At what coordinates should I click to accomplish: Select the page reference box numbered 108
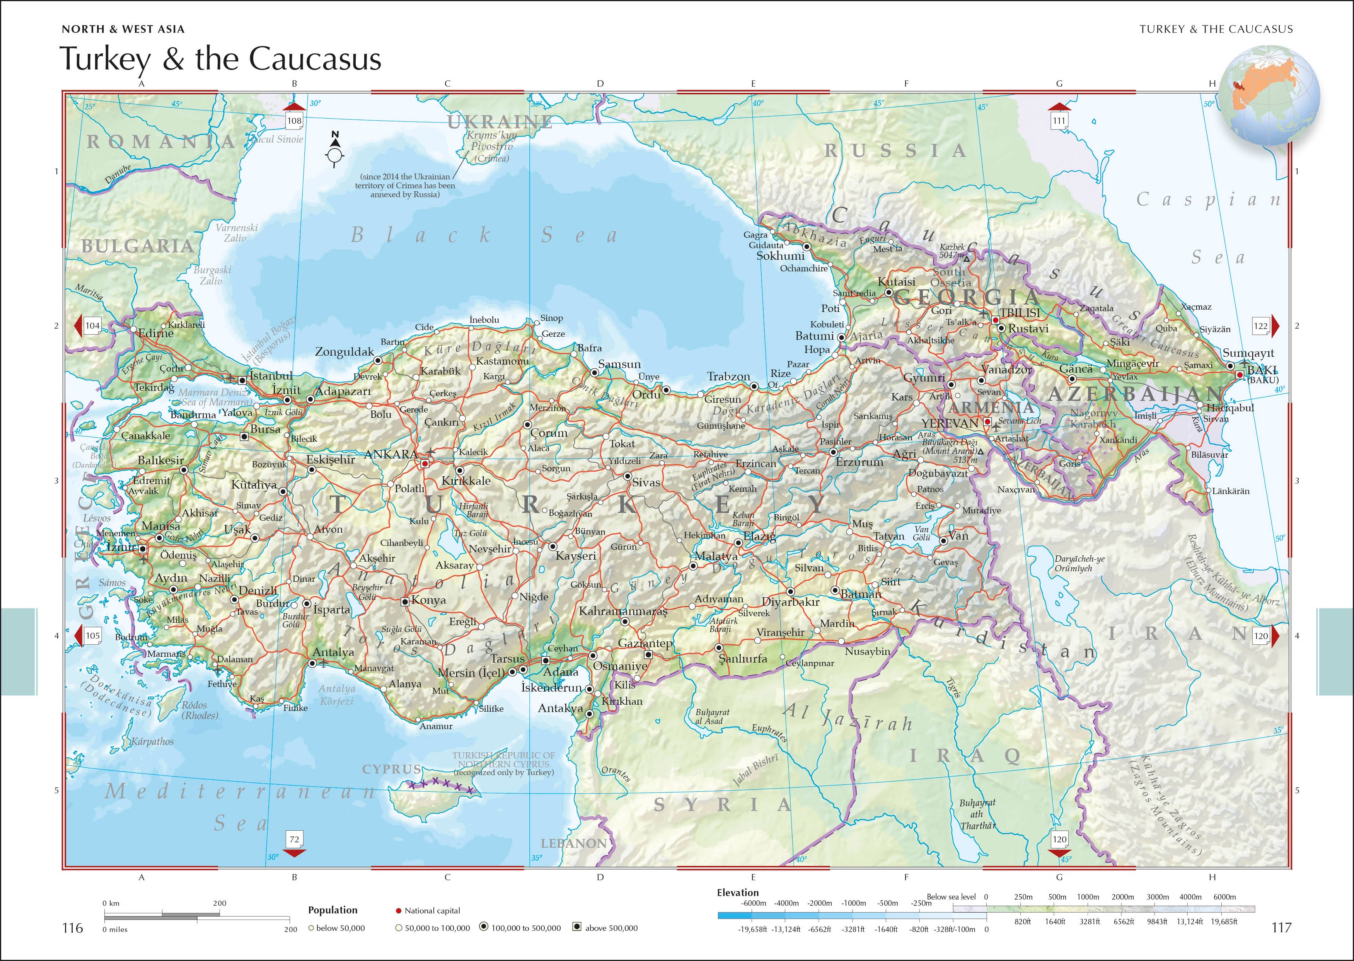[x=294, y=121]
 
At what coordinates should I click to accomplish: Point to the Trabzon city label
[x=728, y=377]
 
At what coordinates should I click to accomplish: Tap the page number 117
[x=1281, y=927]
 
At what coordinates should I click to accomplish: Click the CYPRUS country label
[x=392, y=769]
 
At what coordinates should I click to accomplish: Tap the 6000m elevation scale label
[x=1224, y=896]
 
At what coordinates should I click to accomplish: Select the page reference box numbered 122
[x=1260, y=325]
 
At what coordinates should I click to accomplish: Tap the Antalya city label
[x=333, y=652]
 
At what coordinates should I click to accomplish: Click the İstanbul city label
[x=270, y=376]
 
